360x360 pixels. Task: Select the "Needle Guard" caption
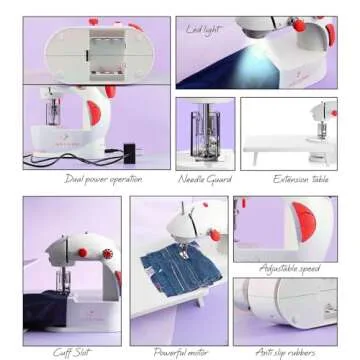(x=205, y=179)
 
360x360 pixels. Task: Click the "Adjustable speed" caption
(x=291, y=269)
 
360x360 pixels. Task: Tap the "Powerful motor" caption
(x=181, y=351)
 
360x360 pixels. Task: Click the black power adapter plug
(x=127, y=151)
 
